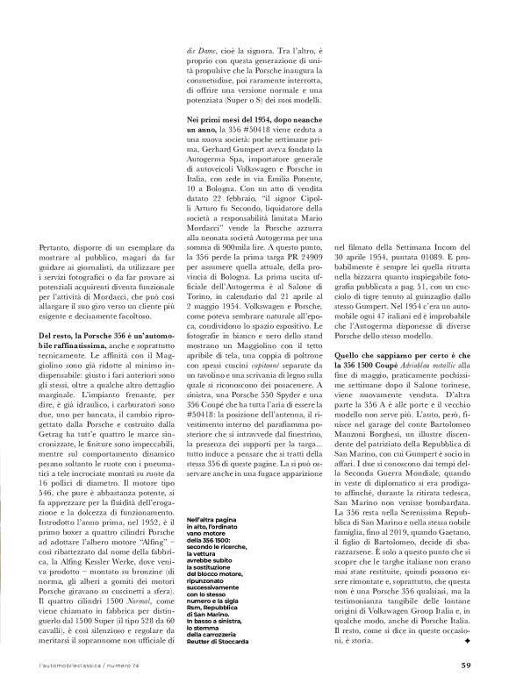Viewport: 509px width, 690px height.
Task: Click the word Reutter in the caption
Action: click(x=200, y=640)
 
